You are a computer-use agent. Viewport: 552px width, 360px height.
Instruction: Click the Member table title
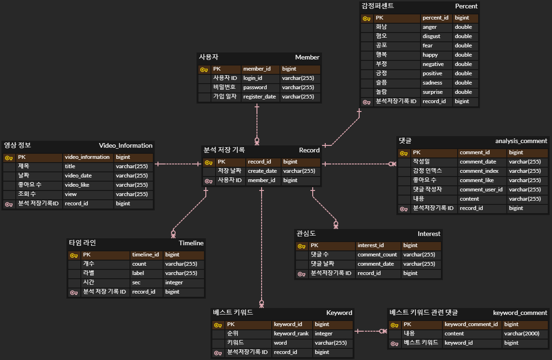point(307,57)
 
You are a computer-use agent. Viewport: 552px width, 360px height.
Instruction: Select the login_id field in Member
point(253,78)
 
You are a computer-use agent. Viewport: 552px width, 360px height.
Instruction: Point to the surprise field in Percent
point(433,92)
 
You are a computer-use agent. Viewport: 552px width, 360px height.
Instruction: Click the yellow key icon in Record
point(209,162)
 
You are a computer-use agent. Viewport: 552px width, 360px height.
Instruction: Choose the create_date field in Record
point(262,171)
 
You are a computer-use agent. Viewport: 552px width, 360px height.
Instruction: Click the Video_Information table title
point(125,145)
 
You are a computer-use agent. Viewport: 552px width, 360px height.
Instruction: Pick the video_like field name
point(78,185)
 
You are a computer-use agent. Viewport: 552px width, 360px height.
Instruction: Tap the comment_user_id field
point(481,190)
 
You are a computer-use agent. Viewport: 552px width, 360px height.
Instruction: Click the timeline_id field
point(145,255)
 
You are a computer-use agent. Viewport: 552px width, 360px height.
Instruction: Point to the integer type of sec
point(174,282)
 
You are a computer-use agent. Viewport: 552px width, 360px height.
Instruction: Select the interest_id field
point(370,245)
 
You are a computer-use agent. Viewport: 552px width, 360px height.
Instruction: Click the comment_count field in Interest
point(377,255)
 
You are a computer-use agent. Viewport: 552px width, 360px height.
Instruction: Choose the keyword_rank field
point(290,334)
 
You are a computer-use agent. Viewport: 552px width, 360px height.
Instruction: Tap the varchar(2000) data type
point(521,334)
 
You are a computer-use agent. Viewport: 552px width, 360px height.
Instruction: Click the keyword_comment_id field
point(471,324)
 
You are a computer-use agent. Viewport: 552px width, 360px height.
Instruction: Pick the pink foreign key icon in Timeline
point(74,292)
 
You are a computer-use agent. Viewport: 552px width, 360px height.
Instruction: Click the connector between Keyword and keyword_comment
point(371,331)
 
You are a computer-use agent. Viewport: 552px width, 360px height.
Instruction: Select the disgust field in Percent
point(431,36)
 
